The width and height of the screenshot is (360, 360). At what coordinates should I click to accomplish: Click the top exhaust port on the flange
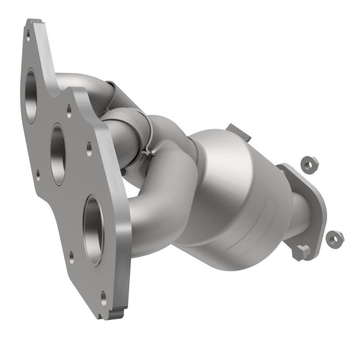click(x=31, y=95)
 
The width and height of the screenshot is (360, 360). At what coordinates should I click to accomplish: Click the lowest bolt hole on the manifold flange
click(x=104, y=297)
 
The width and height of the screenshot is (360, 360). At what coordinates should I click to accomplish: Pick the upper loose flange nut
click(x=309, y=164)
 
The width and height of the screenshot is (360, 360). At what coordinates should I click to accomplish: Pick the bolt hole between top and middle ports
click(x=68, y=109)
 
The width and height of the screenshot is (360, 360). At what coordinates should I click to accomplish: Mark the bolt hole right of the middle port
click(x=89, y=147)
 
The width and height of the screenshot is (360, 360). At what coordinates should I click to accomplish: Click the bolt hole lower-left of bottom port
click(x=72, y=257)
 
